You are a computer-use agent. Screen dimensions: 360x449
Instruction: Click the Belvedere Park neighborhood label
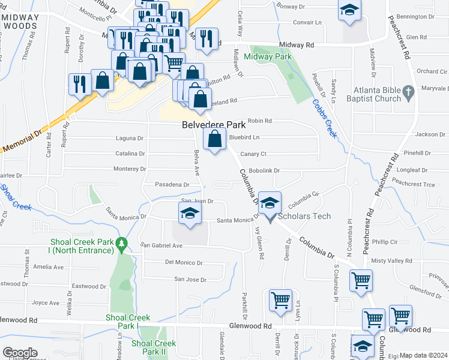point(214,125)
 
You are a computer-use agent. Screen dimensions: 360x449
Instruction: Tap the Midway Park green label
point(267,56)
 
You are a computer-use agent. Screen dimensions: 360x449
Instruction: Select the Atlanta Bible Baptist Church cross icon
point(408,92)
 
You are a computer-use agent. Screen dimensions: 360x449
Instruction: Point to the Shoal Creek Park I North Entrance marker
point(122,244)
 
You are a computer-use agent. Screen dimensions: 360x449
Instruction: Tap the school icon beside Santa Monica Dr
point(190,213)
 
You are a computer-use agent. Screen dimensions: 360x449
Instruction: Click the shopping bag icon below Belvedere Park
point(214,139)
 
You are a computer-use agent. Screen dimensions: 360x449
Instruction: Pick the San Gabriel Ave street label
point(161,245)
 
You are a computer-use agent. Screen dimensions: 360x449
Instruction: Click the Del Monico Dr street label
point(184,263)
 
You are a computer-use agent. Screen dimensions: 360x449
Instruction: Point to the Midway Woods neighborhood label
point(20,22)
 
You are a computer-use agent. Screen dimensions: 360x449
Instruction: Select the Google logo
point(19,353)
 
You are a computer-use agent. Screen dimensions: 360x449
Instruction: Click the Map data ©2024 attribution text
point(424,355)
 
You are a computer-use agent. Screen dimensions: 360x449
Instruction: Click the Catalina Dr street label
point(130,154)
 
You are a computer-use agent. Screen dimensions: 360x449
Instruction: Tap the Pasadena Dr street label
point(172,184)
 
